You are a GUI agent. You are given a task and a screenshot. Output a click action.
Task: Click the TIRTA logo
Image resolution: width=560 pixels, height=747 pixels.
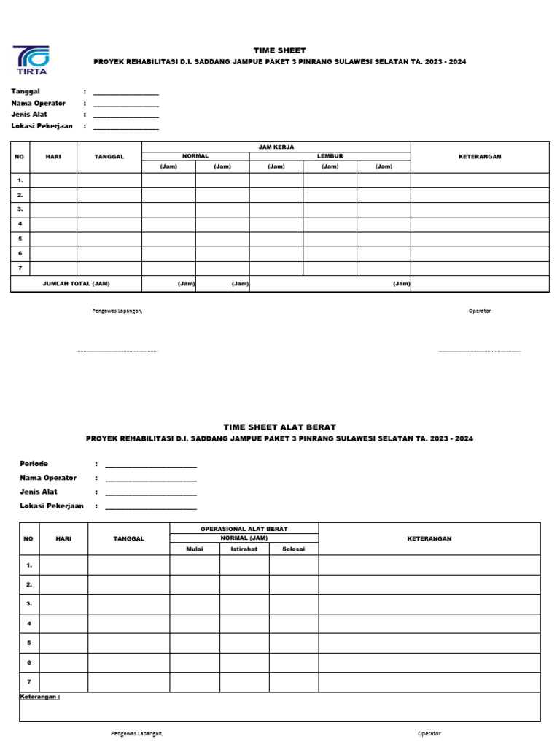click(31, 61)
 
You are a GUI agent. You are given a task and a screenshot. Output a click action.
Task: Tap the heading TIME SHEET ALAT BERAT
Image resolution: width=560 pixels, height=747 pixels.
click(279, 427)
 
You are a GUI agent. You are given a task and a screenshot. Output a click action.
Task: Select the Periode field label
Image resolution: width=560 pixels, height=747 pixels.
click(34, 464)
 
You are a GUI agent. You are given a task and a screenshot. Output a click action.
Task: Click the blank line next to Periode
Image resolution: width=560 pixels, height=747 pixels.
click(151, 466)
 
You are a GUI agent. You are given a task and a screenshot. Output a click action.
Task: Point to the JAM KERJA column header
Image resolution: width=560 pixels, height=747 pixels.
click(276, 147)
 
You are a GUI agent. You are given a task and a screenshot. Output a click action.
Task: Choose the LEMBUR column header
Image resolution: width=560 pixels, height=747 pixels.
click(330, 156)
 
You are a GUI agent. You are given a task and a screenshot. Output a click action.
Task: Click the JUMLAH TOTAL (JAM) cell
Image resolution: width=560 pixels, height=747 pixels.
click(77, 284)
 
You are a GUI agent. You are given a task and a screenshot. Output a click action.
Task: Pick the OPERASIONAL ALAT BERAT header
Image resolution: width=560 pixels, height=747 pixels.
click(244, 528)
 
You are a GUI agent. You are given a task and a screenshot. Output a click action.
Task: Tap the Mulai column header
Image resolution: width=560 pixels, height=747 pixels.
click(195, 549)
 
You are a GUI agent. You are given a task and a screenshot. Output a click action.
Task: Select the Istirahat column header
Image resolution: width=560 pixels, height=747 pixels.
click(244, 549)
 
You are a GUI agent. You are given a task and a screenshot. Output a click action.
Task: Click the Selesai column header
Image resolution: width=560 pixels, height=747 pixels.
click(293, 549)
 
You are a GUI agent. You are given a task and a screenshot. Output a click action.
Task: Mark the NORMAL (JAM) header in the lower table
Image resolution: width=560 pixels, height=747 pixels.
click(244, 538)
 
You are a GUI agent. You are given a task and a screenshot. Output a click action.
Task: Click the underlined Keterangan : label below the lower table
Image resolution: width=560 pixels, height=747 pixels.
click(40, 697)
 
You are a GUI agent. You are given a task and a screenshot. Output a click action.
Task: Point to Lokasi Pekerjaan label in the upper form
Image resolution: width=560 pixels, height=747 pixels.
click(42, 126)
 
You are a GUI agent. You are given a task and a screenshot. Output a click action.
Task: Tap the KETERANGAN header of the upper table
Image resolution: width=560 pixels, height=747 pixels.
click(479, 157)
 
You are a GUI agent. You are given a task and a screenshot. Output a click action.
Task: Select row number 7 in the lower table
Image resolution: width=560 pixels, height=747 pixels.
click(29, 682)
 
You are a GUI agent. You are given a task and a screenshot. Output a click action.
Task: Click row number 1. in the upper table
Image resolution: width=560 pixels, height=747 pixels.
click(20, 180)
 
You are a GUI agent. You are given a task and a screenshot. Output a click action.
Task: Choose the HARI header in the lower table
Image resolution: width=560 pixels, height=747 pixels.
click(63, 538)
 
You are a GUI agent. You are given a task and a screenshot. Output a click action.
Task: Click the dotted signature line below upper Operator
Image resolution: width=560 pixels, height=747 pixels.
click(479, 352)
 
